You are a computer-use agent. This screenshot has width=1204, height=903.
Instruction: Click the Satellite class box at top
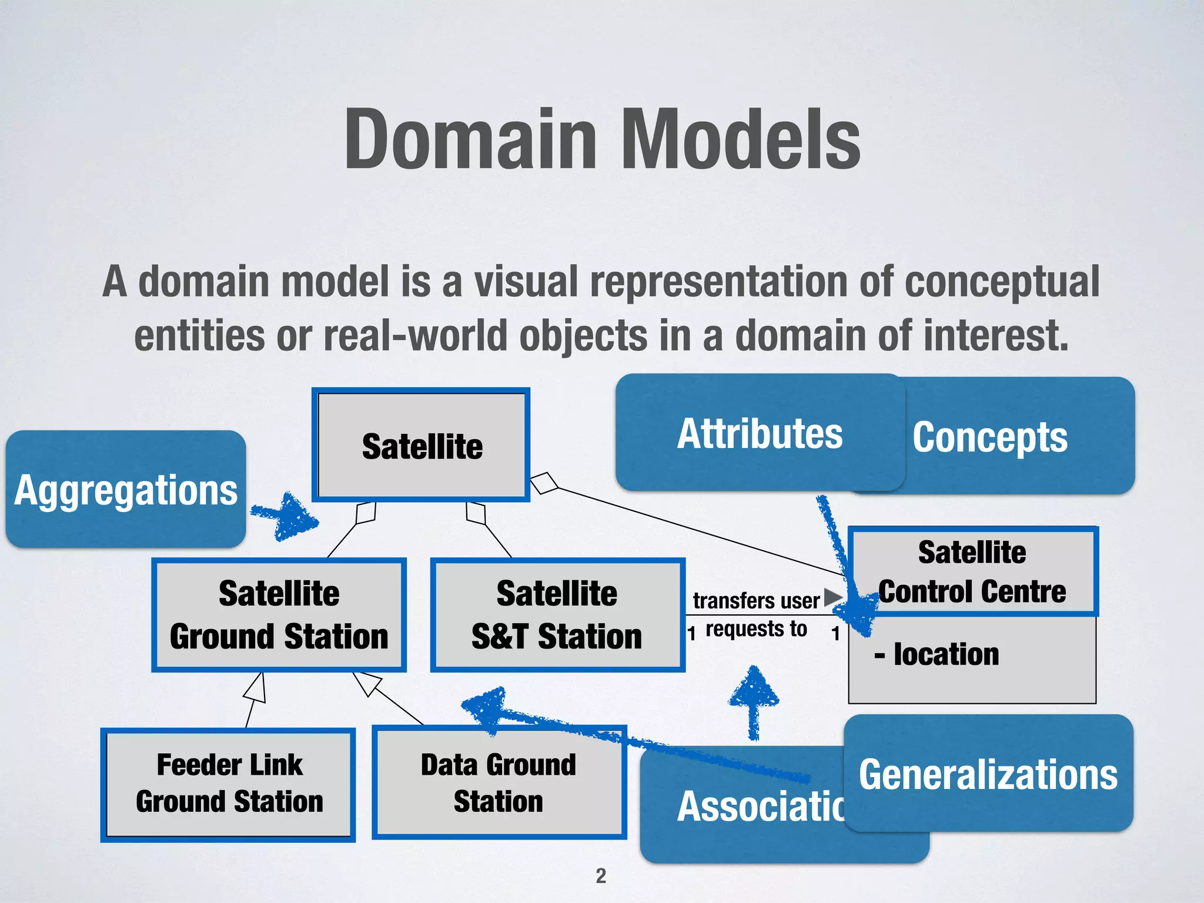[421, 445]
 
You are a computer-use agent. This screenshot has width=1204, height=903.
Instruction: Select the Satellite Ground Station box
[279, 615]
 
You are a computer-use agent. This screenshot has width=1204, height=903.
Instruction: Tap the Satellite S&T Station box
[557, 615]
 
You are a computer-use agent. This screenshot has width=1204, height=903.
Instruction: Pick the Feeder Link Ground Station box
[228, 784]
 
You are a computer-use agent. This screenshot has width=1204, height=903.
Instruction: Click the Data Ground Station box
[499, 782]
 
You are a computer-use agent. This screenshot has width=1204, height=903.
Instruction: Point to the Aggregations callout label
[126, 490]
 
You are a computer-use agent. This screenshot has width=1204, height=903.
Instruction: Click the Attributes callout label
[760, 433]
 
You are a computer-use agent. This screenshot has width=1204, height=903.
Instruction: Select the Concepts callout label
[990, 437]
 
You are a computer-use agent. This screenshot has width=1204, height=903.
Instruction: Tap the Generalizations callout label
[988, 774]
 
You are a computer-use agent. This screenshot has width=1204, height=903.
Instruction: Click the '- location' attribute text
[937, 654]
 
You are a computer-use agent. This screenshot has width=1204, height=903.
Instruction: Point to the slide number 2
[600, 876]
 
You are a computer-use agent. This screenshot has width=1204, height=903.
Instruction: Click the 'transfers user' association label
[756, 601]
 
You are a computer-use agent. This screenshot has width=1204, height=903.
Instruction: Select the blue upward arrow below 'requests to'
[754, 700]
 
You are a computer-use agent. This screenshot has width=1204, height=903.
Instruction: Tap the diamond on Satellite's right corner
[544, 483]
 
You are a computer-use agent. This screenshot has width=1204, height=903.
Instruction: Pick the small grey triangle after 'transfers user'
[832, 597]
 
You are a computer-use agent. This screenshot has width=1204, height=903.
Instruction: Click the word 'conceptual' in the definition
[1002, 282]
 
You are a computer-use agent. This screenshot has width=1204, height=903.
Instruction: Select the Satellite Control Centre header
[972, 571]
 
